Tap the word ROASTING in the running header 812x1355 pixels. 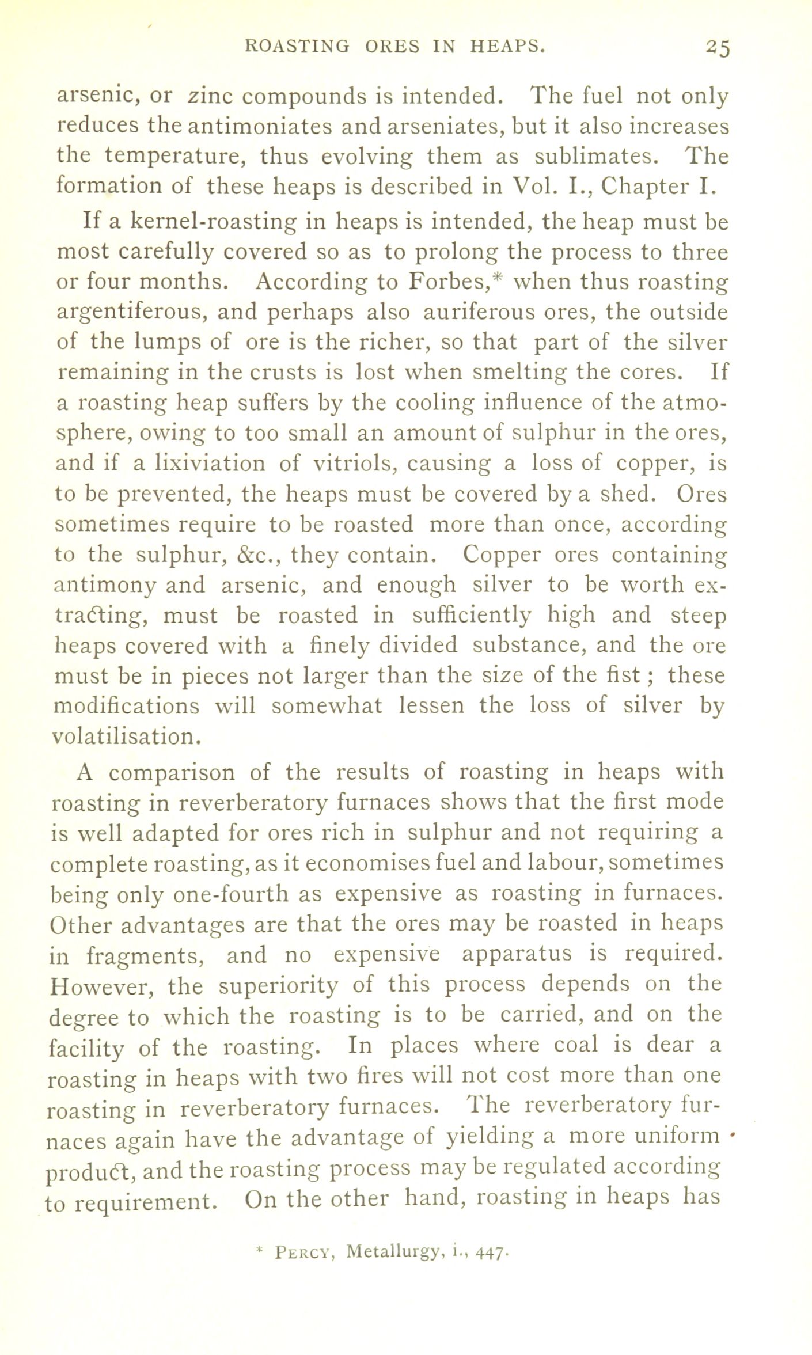296,47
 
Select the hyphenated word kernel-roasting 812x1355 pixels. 213,222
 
